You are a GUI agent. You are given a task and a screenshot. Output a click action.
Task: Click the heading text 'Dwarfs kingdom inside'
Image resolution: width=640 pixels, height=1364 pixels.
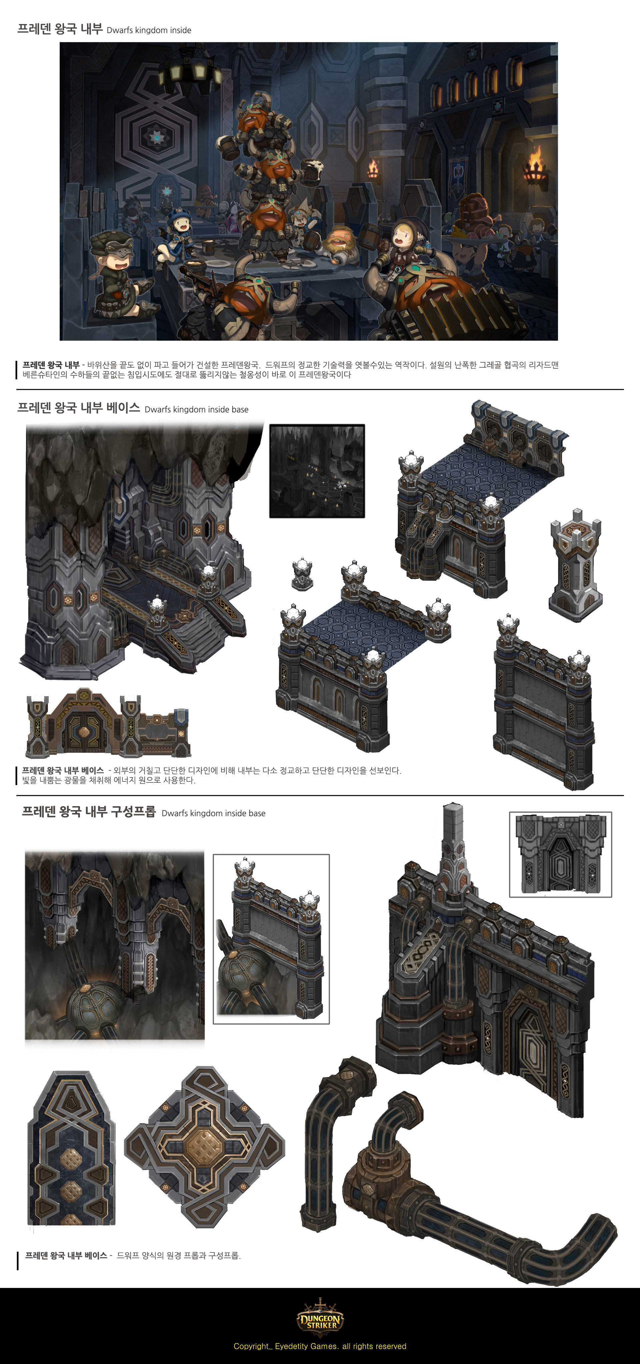point(149,30)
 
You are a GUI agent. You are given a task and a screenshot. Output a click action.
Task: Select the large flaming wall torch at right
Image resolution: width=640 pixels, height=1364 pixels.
point(536,166)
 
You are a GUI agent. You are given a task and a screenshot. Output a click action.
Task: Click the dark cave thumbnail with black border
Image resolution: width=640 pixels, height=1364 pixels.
point(317,471)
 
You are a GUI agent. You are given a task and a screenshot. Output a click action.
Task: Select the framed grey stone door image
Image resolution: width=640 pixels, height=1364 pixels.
point(560,854)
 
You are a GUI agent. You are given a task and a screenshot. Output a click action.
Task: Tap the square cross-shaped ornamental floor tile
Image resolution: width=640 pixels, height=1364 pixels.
point(204,1146)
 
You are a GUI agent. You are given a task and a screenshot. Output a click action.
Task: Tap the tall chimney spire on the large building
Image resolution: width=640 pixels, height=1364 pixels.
point(453,847)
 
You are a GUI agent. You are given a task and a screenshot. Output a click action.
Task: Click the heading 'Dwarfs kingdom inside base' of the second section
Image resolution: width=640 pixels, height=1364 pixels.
point(196,409)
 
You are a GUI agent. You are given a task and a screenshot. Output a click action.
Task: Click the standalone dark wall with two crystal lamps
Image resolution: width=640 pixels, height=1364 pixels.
point(543,710)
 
